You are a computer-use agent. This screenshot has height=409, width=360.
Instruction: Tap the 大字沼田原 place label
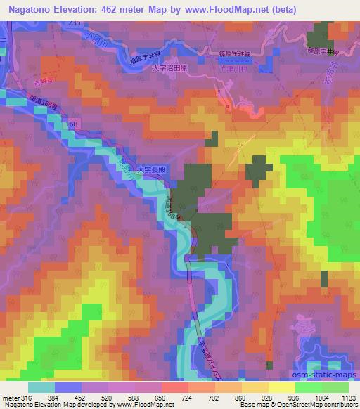[x=172, y=69]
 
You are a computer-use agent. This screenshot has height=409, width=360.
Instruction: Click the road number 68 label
[x=75, y=124]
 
